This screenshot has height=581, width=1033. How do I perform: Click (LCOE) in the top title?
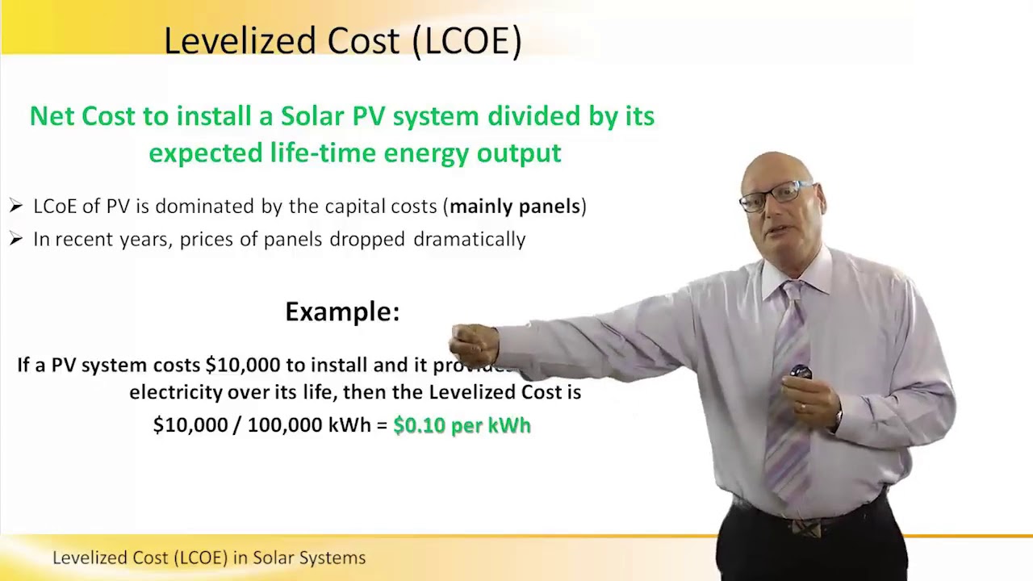[467, 40]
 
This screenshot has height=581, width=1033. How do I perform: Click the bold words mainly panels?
[515, 207]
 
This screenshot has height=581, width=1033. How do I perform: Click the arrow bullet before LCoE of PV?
[16, 207]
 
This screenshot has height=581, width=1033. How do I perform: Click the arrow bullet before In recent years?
[16, 240]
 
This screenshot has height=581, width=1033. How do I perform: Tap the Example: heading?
[342, 311]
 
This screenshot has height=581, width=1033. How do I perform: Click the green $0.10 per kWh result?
[462, 425]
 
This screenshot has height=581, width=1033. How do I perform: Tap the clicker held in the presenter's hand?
[800, 372]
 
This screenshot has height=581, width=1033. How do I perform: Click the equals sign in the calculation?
[382, 425]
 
